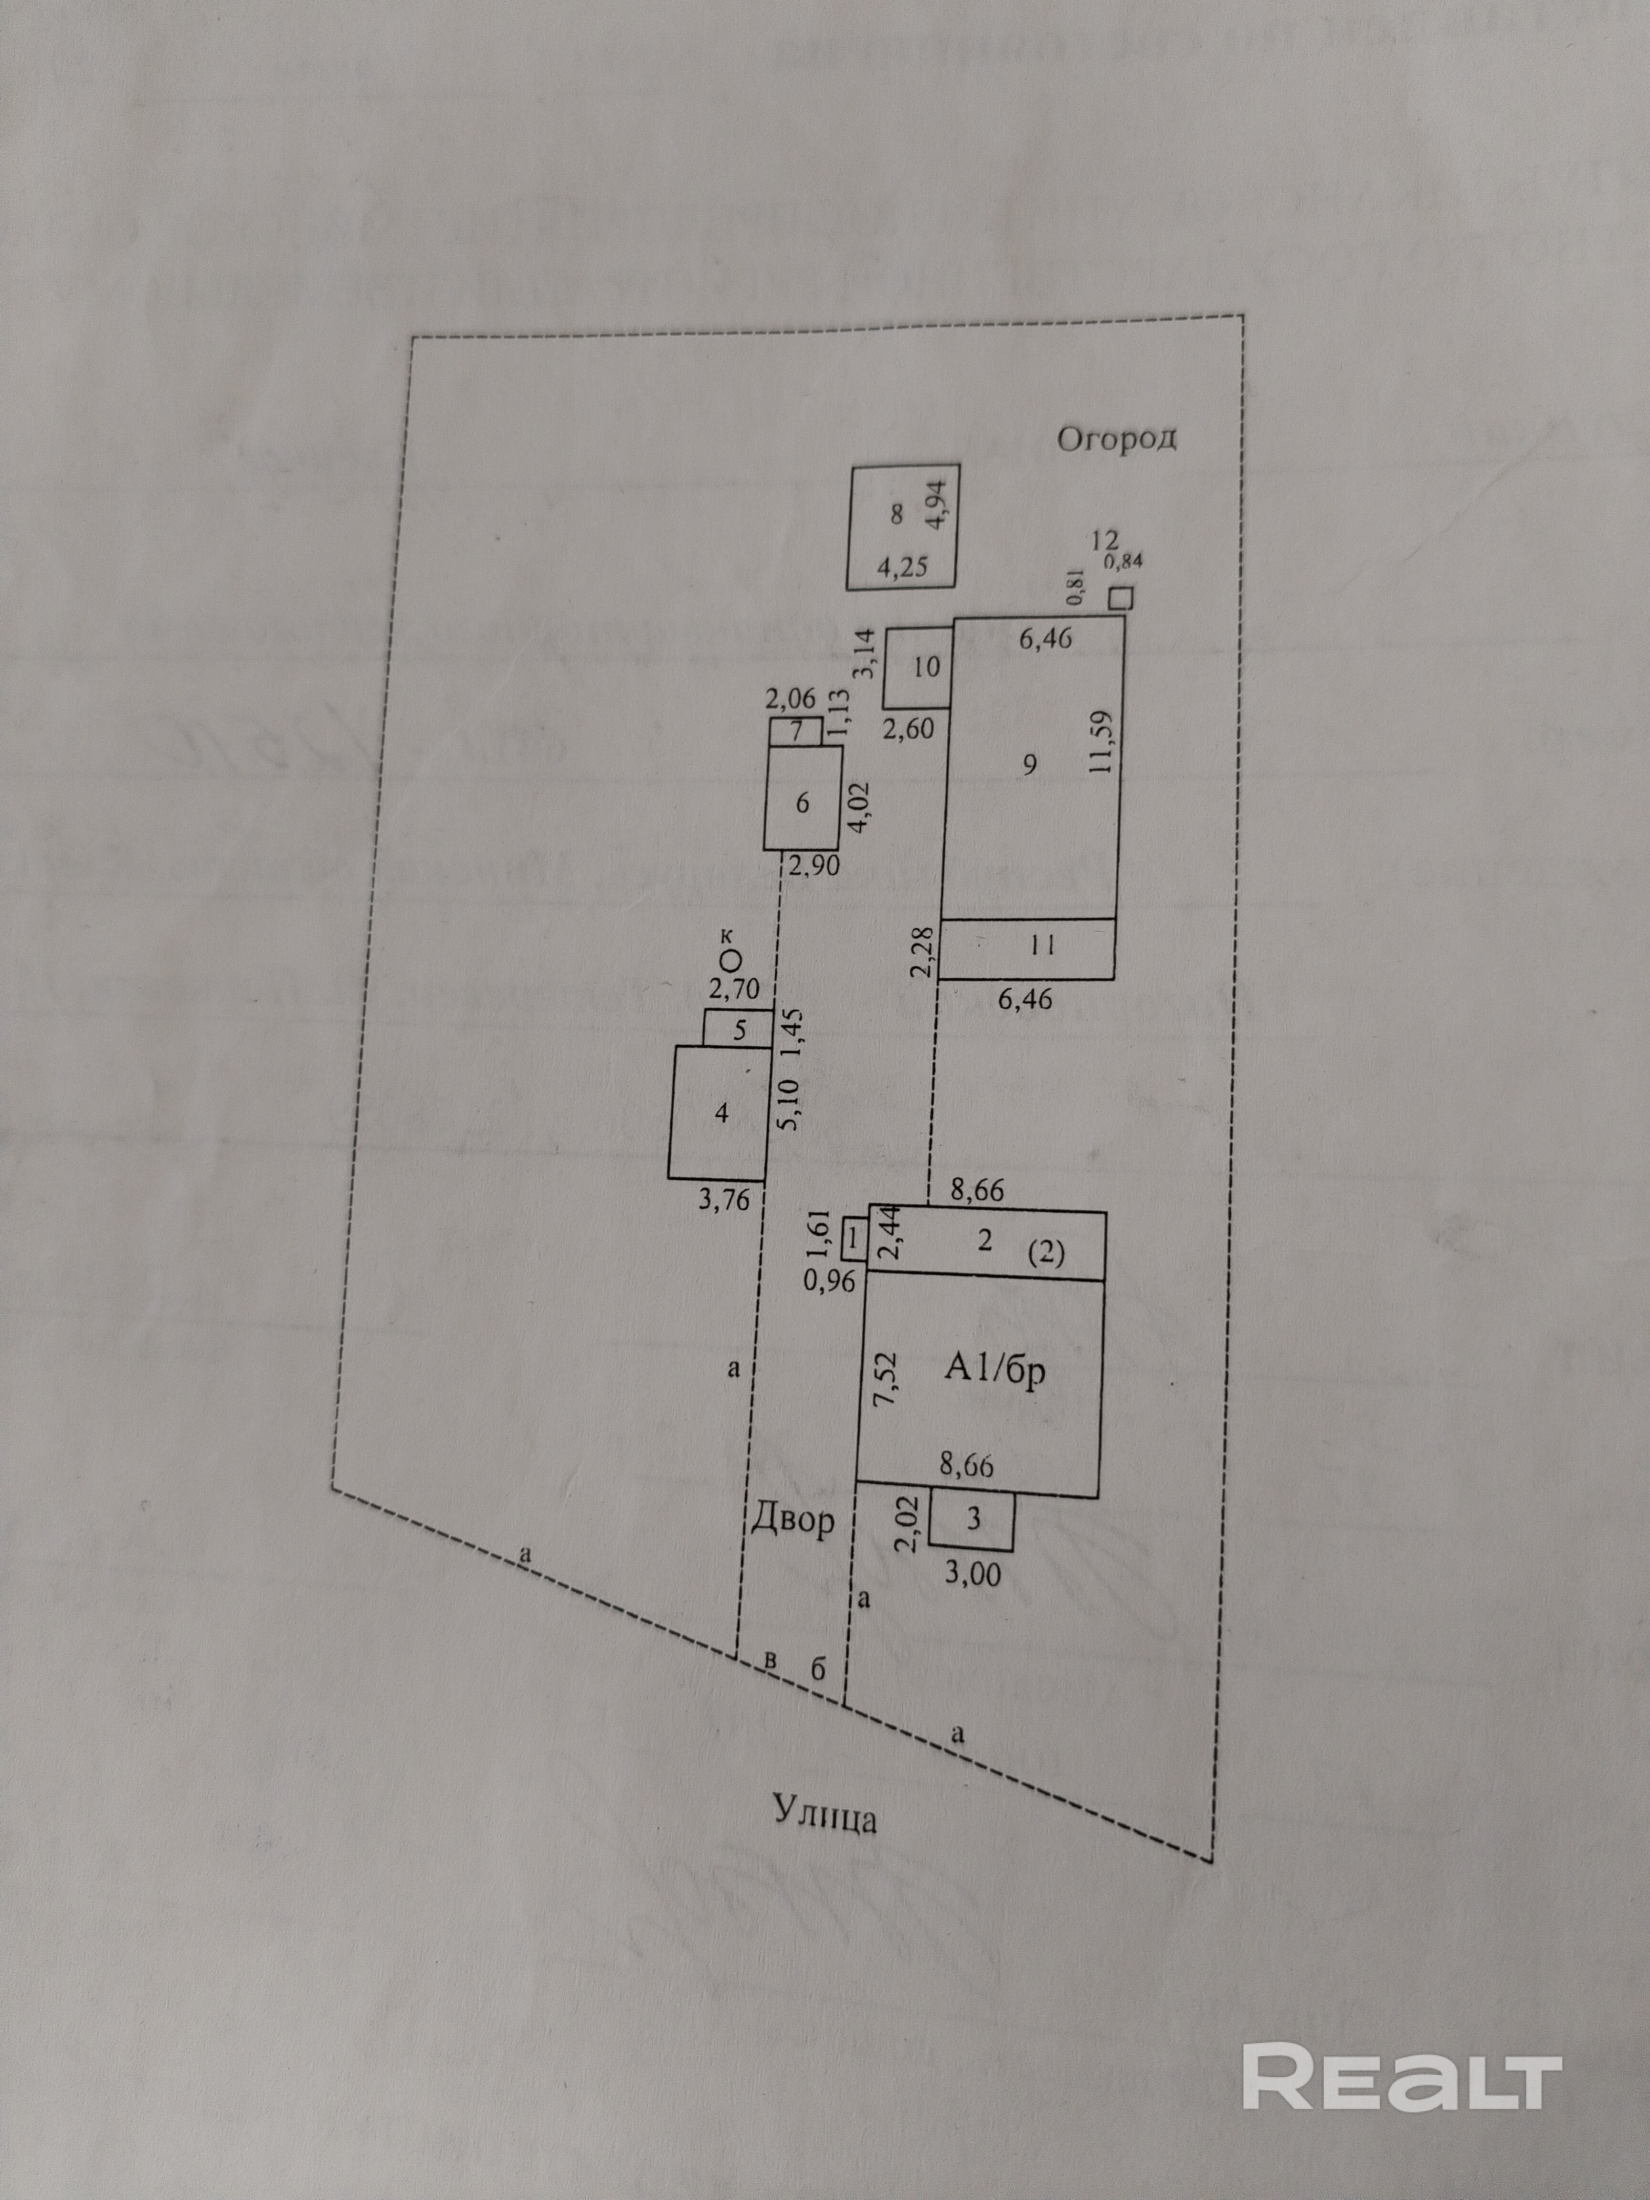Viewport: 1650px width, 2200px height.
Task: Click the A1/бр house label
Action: (x=994, y=1373)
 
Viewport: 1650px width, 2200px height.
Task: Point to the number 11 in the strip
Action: (x=1042, y=946)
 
